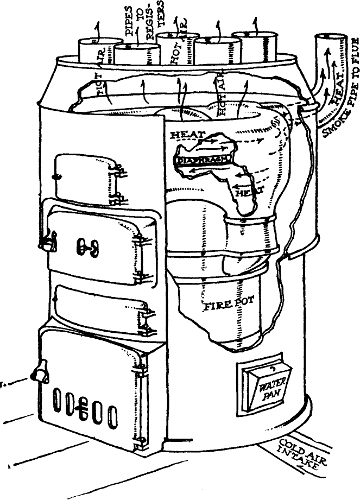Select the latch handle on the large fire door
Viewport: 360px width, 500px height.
45,240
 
